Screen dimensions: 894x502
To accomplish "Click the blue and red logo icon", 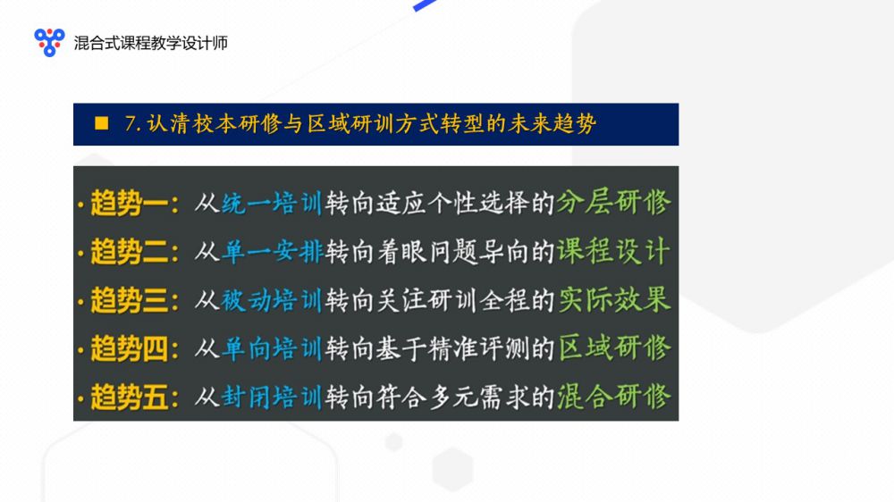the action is click(x=49, y=42).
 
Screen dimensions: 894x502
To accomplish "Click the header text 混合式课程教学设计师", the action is click(x=151, y=43).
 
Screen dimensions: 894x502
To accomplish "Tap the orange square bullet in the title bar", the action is click(x=102, y=123).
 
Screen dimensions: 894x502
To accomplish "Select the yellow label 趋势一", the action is click(x=129, y=203).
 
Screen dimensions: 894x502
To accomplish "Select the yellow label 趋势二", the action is click(x=129, y=251).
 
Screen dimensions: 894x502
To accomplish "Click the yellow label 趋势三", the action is click(x=129, y=300).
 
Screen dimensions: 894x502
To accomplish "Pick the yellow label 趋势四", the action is click(x=129, y=348).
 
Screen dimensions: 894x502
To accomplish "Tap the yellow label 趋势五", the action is click(x=129, y=397).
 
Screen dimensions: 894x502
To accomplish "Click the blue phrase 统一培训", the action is click(x=272, y=203).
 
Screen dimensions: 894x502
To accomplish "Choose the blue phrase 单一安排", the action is click(x=272, y=251).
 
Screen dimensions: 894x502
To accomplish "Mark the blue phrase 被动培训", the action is click(x=272, y=300).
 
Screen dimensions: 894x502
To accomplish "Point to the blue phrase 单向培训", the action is click(x=272, y=348).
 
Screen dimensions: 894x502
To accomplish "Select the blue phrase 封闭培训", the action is click(x=272, y=397).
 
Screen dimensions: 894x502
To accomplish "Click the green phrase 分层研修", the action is click(x=613, y=202).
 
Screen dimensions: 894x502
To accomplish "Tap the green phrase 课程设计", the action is click(x=613, y=251).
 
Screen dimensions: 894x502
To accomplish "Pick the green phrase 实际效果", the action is click(x=613, y=299).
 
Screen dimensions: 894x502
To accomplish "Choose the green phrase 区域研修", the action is click(x=613, y=347).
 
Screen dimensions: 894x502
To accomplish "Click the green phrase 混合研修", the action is click(x=613, y=396).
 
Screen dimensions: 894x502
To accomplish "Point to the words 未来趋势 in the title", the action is click(x=552, y=123).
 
